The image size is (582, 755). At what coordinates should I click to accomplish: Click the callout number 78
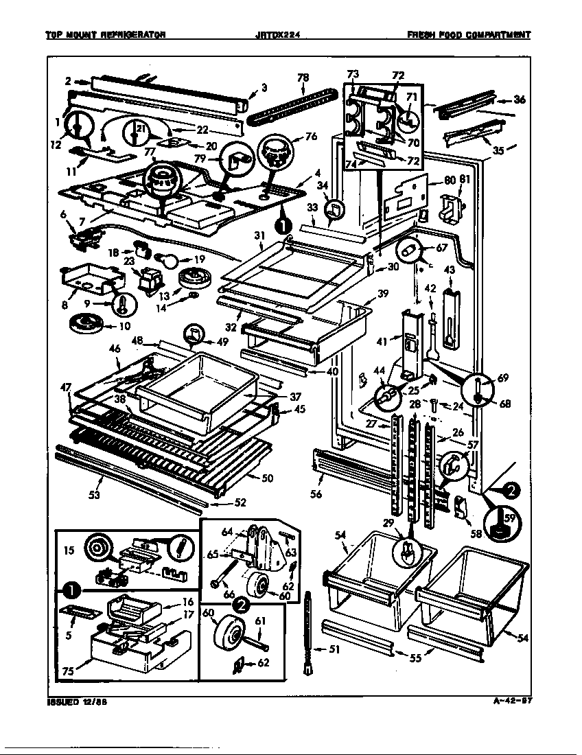tap(303, 79)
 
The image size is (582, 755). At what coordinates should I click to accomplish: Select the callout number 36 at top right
tap(519, 100)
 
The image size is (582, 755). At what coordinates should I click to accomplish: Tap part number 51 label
tap(334, 651)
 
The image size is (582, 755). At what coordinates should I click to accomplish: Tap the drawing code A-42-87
tap(513, 701)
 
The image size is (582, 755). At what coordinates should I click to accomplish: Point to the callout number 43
tap(450, 270)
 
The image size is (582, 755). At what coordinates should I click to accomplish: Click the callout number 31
tap(259, 236)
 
